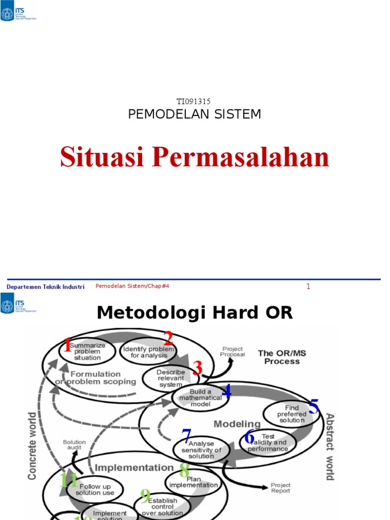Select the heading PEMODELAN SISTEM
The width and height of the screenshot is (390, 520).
[x=194, y=114]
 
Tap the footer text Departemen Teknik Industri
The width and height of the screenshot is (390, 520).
[x=45, y=287]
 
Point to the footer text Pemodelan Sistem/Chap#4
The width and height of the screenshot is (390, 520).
[x=132, y=286]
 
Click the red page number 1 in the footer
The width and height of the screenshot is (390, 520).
[x=308, y=287]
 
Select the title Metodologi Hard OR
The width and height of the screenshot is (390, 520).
[x=194, y=313]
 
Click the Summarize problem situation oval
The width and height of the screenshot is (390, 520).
[x=87, y=351]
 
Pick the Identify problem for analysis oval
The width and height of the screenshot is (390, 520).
[x=148, y=352]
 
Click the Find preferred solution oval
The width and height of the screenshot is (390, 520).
[x=291, y=414]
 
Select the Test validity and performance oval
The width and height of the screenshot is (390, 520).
[x=268, y=442]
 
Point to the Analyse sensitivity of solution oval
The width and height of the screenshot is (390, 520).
[x=201, y=450]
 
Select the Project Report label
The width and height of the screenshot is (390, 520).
[x=280, y=488]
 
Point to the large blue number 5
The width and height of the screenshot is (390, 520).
[x=314, y=407]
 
